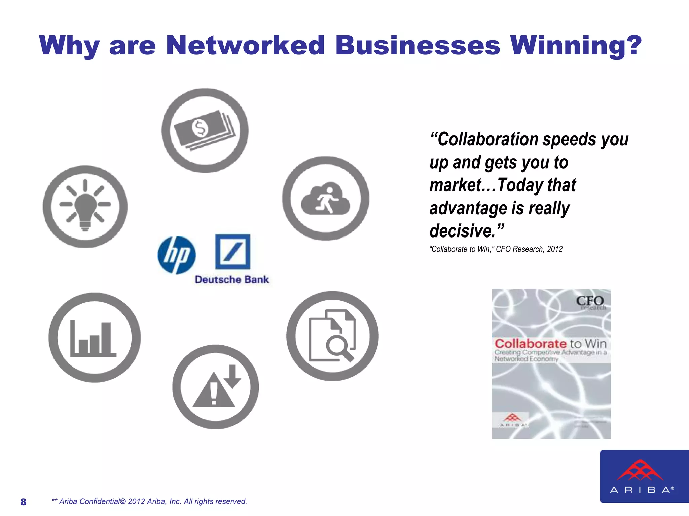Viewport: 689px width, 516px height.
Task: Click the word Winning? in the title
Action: pyautogui.click(x=576, y=46)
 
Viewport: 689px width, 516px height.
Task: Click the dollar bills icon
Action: pyautogui.click(x=205, y=130)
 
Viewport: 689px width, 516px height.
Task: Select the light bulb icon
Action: pyautogui.click(x=85, y=207)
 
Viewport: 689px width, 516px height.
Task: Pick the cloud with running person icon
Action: pyautogui.click(x=325, y=198)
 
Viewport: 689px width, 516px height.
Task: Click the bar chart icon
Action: pyautogui.click(x=94, y=337)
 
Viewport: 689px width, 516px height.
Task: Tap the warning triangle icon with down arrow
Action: pyautogui.click(x=215, y=387)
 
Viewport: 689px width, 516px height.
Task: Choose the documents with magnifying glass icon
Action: pyautogui.click(x=332, y=336)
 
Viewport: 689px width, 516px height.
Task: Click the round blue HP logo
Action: pyautogui.click(x=177, y=255)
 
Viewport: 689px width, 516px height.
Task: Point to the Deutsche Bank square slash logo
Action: pyautogui.click(x=232, y=252)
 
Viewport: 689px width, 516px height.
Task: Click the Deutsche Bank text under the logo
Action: pyautogui.click(x=232, y=279)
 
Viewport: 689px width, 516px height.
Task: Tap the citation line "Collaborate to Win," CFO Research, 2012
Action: pyautogui.click(x=496, y=249)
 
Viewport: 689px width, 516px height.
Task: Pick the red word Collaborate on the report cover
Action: pyautogui.click(x=530, y=344)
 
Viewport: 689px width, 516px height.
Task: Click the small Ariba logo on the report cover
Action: pyautogui.click(x=512, y=420)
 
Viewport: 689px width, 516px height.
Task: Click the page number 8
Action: pyautogui.click(x=23, y=502)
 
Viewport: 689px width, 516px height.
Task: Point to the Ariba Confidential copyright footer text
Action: pyautogui.click(x=149, y=501)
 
